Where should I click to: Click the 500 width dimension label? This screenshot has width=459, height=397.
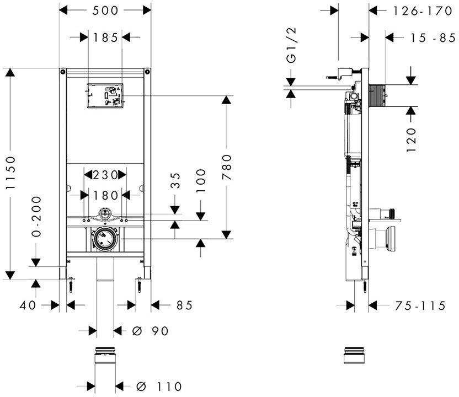coord(105,10)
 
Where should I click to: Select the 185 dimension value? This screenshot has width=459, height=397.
coord(105,37)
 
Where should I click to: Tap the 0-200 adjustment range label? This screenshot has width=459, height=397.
coord(36,216)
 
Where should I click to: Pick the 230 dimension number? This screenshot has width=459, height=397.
coord(105,175)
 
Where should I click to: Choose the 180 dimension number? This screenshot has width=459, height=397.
coord(105,195)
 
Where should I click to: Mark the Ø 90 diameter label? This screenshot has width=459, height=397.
coord(150,331)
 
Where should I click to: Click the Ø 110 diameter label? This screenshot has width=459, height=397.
coord(157,387)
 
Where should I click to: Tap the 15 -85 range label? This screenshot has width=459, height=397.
coord(425,37)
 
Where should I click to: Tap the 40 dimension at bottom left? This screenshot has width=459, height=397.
coord(29,305)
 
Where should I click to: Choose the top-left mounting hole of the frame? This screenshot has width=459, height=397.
coord(63,72)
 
